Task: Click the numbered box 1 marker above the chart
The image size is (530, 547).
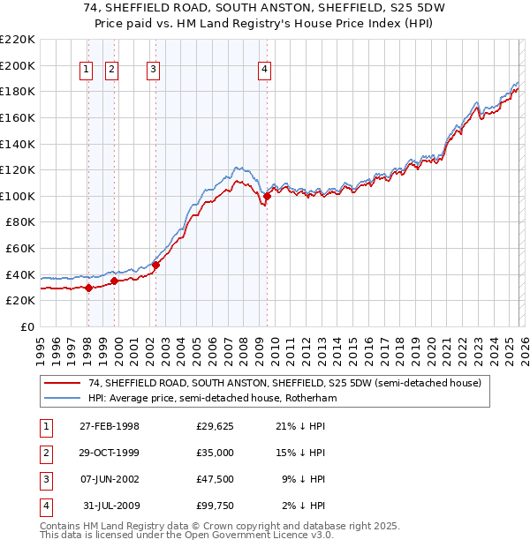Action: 87,71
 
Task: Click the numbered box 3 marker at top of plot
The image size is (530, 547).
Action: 154,71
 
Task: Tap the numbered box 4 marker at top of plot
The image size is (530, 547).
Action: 265,71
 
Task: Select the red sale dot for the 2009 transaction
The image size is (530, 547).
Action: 267,196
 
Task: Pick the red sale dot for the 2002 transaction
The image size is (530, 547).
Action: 155,264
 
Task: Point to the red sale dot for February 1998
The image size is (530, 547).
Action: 88,288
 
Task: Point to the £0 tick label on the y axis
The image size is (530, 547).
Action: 26,326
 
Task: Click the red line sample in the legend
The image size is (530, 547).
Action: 63,384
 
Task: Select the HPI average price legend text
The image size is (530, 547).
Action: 212,399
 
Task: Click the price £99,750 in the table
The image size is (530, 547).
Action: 215,506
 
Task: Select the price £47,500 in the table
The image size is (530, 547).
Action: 215,479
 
